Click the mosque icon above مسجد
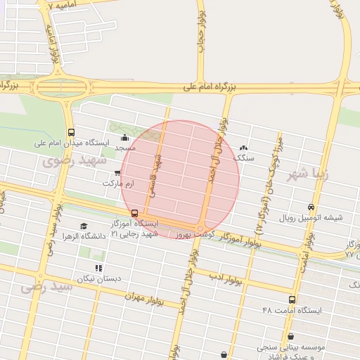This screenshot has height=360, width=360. coord(125,137)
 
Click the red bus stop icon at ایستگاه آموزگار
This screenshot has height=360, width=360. coord(134,213)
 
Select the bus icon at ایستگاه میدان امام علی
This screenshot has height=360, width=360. coord(70,132)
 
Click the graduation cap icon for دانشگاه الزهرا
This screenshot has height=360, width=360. coord(84,226)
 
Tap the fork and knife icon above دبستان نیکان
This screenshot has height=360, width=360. coord(98,268)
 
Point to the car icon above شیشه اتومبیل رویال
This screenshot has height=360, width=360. coord(311,207)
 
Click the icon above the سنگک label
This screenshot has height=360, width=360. coord(243,148)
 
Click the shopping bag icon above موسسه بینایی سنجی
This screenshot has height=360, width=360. coord(291,337)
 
